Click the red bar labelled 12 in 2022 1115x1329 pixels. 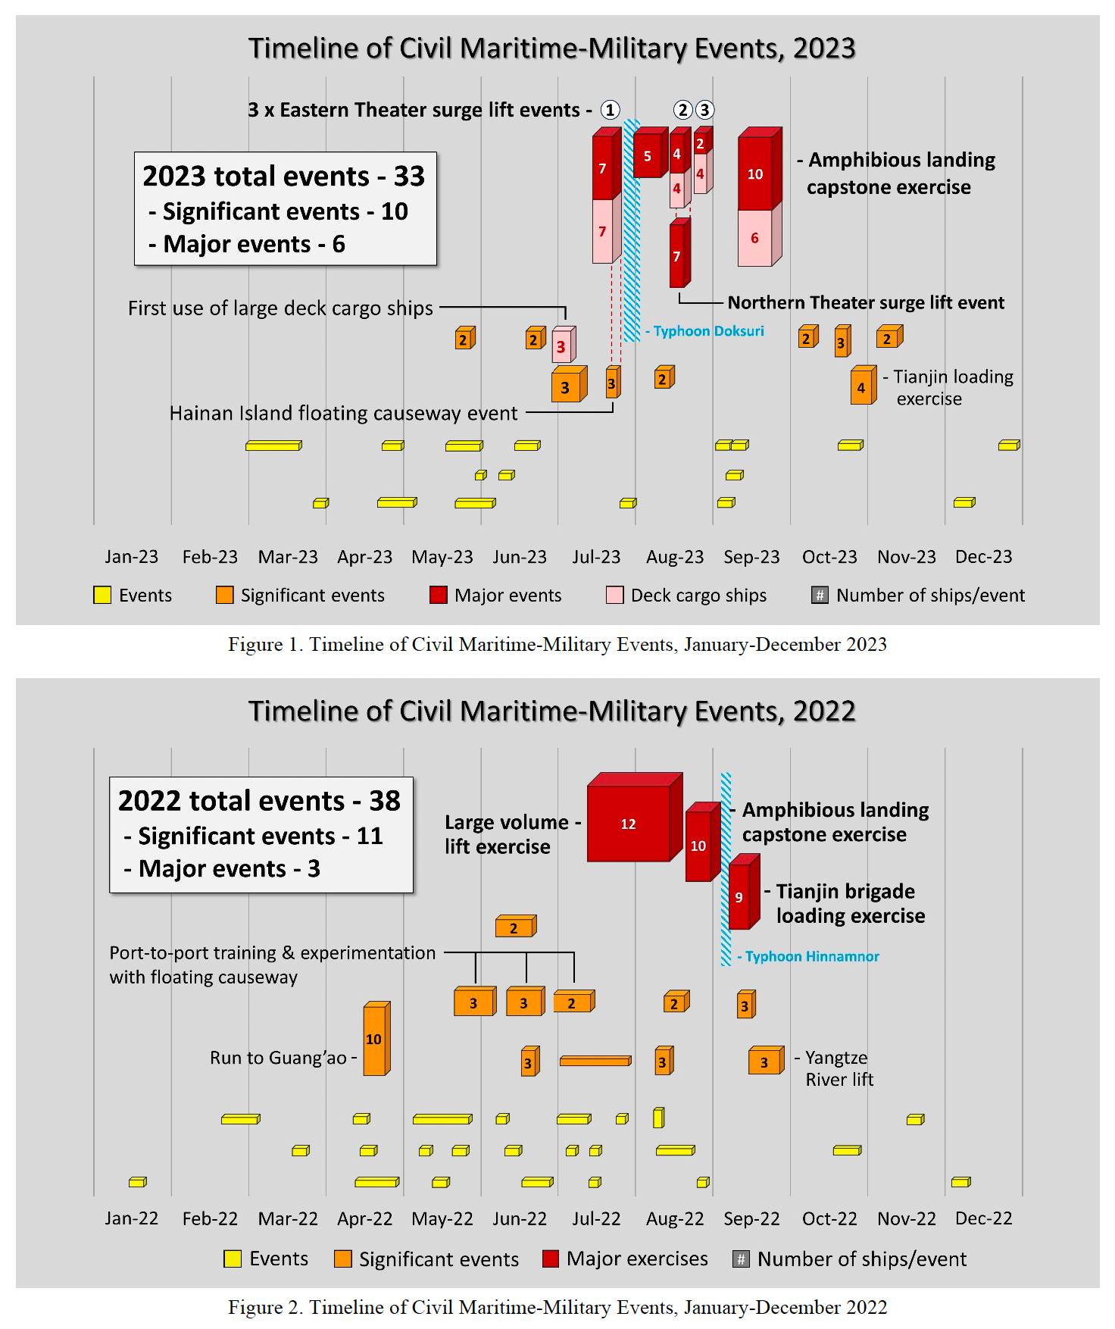pyautogui.click(x=629, y=824)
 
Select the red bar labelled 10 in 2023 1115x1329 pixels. pyautogui.click(x=755, y=174)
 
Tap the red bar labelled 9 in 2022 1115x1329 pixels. pyautogui.click(x=739, y=897)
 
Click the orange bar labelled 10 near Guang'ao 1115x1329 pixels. pyautogui.click(x=374, y=1039)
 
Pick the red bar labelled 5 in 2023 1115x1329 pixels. pyautogui.click(x=648, y=156)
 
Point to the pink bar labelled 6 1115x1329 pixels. pyautogui.click(x=754, y=238)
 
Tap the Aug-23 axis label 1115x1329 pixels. pyautogui.click(x=674, y=557)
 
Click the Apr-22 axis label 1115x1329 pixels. pyautogui.click(x=364, y=1218)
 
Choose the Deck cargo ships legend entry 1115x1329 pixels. pyautogui.click(x=686, y=596)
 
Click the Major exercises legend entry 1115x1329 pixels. pyautogui.click(x=626, y=1259)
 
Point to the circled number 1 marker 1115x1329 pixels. pyautogui.click(x=610, y=110)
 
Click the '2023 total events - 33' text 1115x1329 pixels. pyautogui.click(x=284, y=177)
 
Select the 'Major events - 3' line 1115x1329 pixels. pyautogui.click(x=222, y=868)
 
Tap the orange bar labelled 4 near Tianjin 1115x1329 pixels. pyautogui.click(x=861, y=388)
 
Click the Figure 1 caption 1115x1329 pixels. pyautogui.click(x=557, y=645)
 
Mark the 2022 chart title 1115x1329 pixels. pyautogui.click(x=551, y=711)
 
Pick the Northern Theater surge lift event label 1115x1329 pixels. pyautogui.click(x=865, y=303)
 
